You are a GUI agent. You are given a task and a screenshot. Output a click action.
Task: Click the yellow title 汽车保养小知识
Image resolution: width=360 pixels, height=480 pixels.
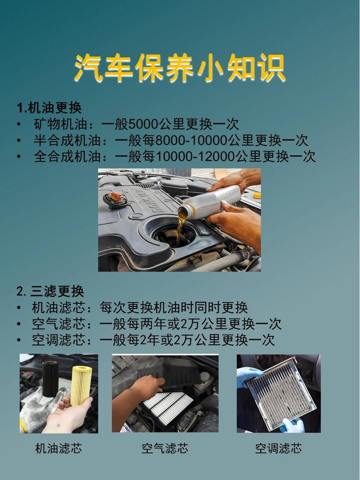coord(180,69)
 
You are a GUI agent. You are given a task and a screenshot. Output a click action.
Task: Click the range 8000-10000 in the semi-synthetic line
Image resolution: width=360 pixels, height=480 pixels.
coord(191,140)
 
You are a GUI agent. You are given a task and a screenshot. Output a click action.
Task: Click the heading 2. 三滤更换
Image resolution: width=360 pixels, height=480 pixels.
coord(50,291)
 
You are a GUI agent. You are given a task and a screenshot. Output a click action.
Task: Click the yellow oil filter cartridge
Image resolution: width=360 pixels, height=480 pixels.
coord(81,385)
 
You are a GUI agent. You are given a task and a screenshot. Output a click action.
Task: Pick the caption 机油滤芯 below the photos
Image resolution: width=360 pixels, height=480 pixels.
coord(58,448)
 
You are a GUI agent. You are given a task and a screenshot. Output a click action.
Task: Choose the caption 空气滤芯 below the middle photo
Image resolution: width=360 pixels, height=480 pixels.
coord(165,448)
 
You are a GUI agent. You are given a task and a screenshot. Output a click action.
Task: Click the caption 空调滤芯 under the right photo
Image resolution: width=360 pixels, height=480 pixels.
coord(279,448)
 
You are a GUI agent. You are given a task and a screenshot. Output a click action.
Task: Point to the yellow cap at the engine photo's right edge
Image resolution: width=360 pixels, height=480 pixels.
coord(256,195)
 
